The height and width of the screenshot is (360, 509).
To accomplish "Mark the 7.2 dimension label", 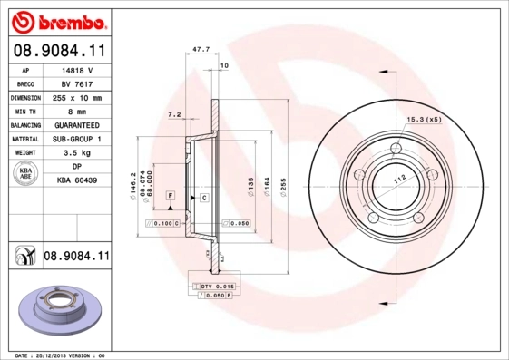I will (175, 115).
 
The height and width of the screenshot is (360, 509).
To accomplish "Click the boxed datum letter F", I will (170, 196).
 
